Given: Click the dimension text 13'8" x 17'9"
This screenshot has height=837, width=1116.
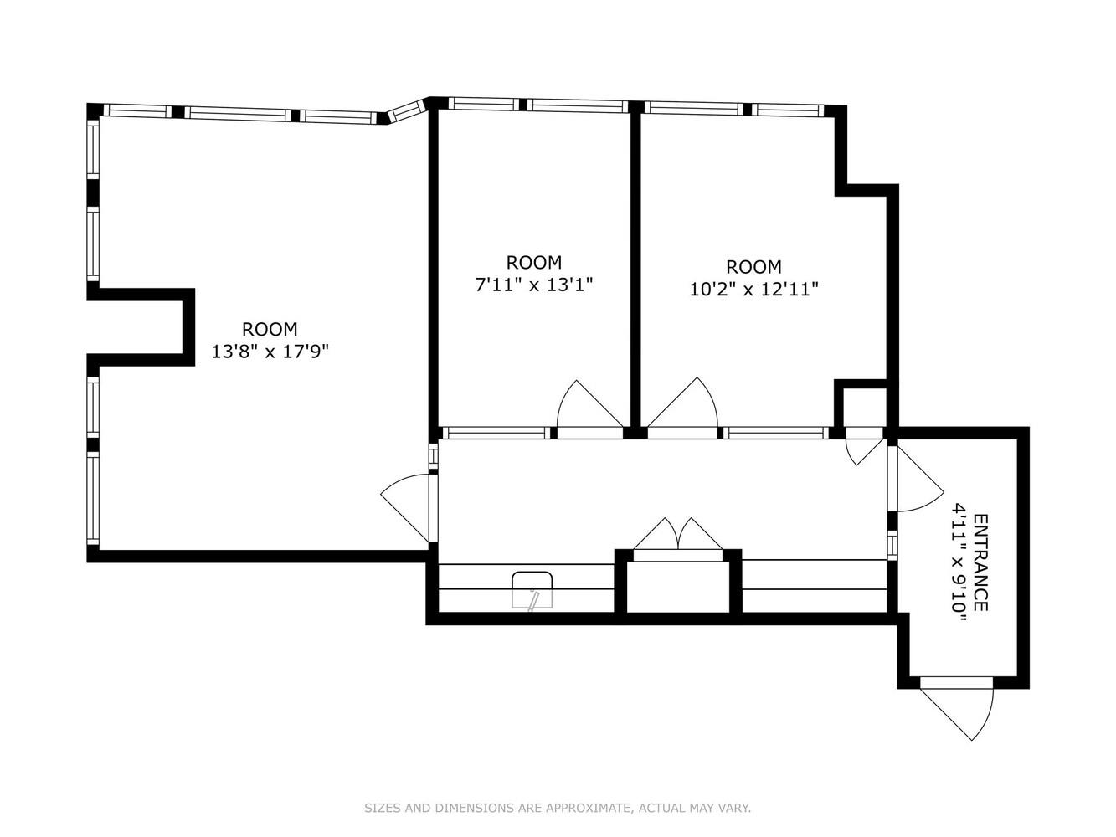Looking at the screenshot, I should click(270, 352).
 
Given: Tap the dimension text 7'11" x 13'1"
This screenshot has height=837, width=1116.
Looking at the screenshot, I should click(534, 285).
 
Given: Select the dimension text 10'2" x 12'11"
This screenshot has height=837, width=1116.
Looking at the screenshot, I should click(753, 290).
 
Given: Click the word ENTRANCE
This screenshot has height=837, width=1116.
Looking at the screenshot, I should click(980, 562).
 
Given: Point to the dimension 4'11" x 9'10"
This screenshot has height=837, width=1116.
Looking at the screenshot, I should click(959, 562).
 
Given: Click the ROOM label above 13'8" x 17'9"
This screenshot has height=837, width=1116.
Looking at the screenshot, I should click(270, 329).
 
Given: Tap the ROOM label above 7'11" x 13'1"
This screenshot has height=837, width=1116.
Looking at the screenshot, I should click(534, 262).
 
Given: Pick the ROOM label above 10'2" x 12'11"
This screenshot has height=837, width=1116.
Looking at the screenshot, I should click(753, 267).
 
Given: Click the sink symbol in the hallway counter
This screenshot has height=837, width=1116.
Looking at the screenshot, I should click(532, 589).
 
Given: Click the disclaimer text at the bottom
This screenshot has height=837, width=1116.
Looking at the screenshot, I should click(558, 808).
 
